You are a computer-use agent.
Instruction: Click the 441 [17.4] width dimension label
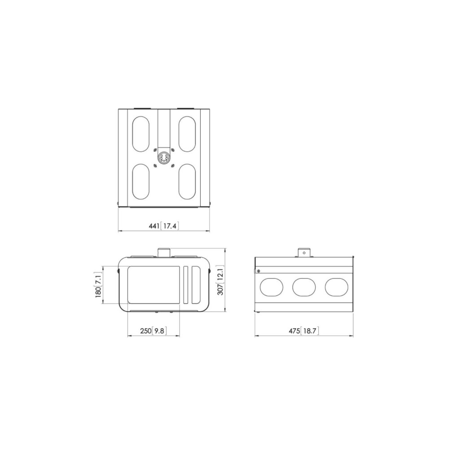(x=164, y=226)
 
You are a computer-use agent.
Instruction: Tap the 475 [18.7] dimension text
(x=304, y=331)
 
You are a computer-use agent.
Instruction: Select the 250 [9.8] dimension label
(x=153, y=331)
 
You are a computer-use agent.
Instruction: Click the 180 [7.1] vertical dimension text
(x=98, y=285)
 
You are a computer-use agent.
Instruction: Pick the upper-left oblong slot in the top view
(x=141, y=134)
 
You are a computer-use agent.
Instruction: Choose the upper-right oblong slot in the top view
(x=187, y=134)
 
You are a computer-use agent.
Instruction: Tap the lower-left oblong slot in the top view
(x=141, y=181)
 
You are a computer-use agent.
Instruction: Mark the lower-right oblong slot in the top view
(x=187, y=181)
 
